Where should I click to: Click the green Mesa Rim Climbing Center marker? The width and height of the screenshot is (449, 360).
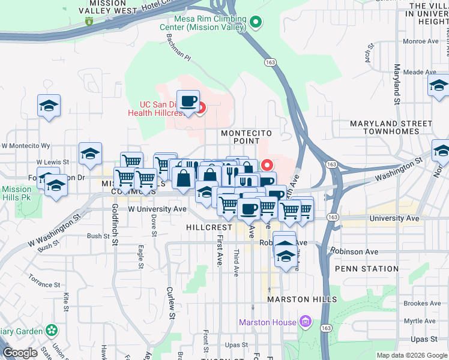[256, 23]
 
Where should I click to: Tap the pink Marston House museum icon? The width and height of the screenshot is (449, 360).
[306, 322]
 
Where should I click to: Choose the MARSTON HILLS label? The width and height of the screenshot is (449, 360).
[303, 299]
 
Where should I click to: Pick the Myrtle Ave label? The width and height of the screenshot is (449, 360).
[420, 322]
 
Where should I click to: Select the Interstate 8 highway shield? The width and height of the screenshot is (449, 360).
[89, 22]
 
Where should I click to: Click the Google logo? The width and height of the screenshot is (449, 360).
[20, 353]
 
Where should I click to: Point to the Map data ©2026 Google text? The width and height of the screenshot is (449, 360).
[412, 355]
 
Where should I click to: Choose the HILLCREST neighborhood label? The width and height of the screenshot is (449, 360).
[209, 228]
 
